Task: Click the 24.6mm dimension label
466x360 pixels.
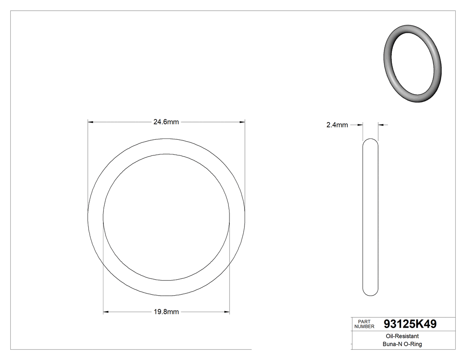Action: click(x=166, y=122)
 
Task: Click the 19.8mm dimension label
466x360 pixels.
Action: click(x=166, y=312)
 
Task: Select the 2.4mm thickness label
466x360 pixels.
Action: click(x=337, y=125)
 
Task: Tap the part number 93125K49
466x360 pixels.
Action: click(x=409, y=324)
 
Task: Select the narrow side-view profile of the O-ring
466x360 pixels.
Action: click(x=371, y=218)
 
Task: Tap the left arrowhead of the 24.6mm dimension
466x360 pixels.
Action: click(x=90, y=122)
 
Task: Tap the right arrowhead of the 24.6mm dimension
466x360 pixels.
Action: click(x=242, y=122)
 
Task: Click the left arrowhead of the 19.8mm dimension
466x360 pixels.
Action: click(x=106, y=312)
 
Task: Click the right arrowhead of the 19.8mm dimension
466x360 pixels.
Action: click(x=227, y=312)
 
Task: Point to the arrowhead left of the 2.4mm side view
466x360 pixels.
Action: click(x=361, y=125)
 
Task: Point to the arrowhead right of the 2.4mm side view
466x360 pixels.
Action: click(x=381, y=125)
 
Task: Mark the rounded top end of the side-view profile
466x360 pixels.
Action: click(x=371, y=141)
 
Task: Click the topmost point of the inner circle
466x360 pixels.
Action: click(x=166, y=154)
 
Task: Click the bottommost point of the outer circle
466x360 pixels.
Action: click(x=166, y=296)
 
